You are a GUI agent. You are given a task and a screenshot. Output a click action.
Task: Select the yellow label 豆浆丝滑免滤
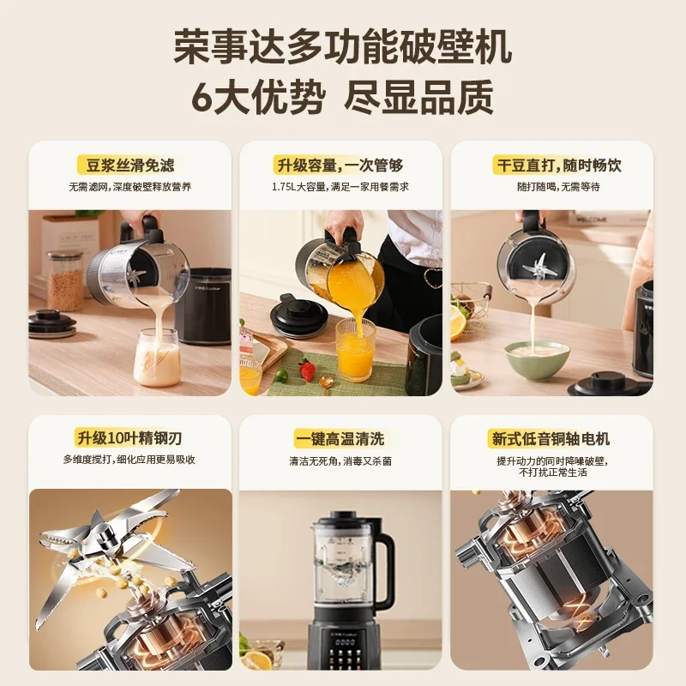(130, 165)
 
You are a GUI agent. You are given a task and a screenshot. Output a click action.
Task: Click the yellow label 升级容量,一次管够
(340, 165)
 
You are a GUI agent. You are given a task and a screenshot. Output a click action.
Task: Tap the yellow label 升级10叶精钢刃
(129, 438)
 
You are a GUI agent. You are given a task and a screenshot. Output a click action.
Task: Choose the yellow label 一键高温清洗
(340, 438)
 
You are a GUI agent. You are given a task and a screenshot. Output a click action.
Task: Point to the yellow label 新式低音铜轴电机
(551, 438)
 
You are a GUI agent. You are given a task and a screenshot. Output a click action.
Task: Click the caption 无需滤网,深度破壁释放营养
(130, 187)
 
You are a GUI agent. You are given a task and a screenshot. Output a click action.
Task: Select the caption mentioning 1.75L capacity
(340, 187)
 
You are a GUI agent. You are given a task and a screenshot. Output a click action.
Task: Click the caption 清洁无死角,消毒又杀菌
(340, 460)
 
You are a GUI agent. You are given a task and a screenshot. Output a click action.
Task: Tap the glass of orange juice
(355, 350)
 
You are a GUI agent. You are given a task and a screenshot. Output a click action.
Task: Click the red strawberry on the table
(306, 371)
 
